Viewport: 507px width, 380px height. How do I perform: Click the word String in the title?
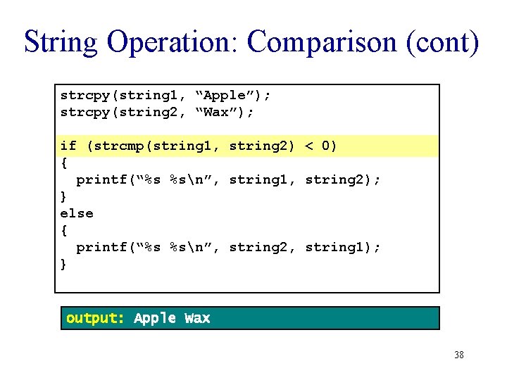coord(60,42)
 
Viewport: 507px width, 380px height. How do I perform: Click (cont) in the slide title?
coord(442,42)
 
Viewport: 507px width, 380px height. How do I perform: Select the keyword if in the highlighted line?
coord(68,146)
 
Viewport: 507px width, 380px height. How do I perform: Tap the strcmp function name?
coord(115,146)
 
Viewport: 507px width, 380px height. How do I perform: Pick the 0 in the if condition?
coord(326,146)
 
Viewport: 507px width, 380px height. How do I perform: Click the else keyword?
coord(77,213)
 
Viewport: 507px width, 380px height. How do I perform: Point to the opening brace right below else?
coord(64,230)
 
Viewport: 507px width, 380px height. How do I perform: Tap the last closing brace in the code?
coord(64,265)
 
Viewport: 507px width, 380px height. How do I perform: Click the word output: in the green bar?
coord(95,318)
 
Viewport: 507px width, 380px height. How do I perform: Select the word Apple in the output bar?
coord(155,318)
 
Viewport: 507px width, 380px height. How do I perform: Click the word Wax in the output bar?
coord(197,318)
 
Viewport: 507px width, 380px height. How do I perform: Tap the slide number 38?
coord(459,355)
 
